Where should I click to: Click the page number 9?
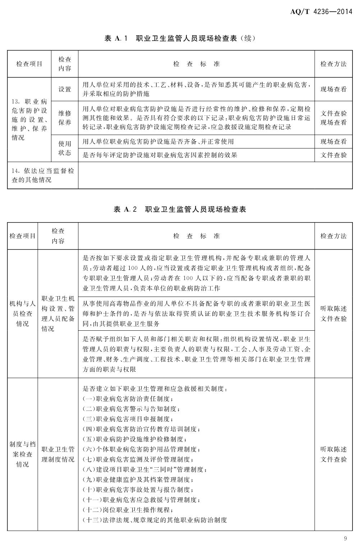point(345,538)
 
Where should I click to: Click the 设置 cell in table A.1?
point(65,90)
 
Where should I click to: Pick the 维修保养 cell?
point(65,118)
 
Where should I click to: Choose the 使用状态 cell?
point(65,148)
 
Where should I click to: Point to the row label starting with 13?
point(29,119)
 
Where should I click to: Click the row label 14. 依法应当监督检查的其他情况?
point(43,175)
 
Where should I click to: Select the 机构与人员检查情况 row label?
point(22,313)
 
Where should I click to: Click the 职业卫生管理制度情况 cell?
point(58,454)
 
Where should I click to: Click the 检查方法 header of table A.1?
point(333,64)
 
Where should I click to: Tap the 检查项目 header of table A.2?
point(22,236)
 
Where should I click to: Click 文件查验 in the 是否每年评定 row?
point(333,155)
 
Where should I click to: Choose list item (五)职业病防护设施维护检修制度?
point(135,439)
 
